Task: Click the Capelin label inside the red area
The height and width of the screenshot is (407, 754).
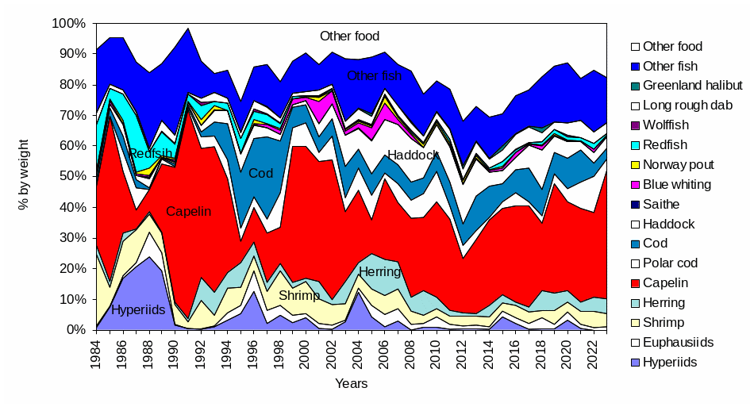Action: click(x=189, y=212)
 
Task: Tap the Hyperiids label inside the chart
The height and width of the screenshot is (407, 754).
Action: click(x=139, y=310)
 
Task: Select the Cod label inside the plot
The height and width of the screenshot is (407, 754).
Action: click(x=260, y=173)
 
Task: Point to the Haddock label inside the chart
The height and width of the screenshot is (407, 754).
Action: click(x=413, y=156)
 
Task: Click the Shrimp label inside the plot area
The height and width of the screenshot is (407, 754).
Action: click(x=298, y=296)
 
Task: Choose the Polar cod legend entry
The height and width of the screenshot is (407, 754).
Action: click(x=671, y=263)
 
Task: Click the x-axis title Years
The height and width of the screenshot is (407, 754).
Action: click(x=350, y=385)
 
